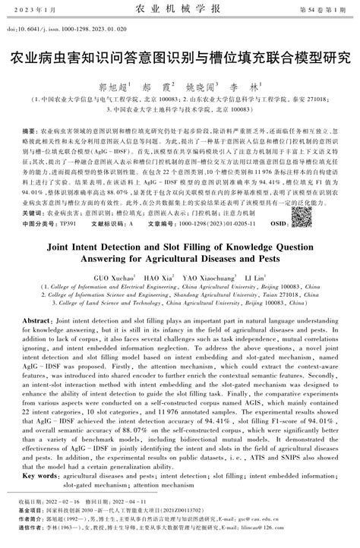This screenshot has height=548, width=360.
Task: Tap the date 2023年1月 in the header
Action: pyautogui.click(x=33, y=10)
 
